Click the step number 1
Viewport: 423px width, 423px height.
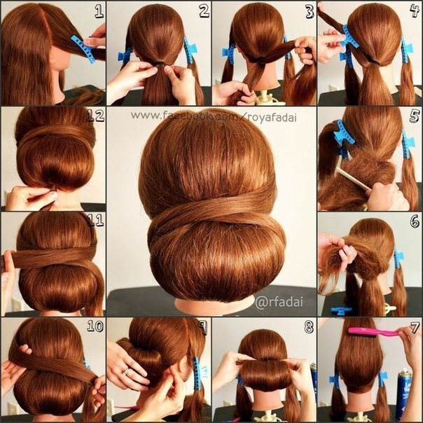coord(99,12)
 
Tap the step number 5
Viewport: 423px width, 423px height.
coord(415,116)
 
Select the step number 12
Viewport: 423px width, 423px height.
coord(95,116)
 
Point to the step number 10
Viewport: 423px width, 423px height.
coord(95,326)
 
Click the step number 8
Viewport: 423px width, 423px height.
coord(309,327)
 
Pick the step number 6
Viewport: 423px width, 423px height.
coord(415,222)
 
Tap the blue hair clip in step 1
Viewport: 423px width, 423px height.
coord(83,49)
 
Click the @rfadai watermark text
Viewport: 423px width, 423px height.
coord(279,302)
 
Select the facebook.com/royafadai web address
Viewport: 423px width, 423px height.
coord(214,117)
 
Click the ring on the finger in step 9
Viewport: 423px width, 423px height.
coord(126,371)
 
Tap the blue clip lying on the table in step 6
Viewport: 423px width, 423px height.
coord(341,311)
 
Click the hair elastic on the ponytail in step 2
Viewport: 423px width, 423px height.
coord(160,64)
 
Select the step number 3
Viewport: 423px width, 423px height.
coord(310,12)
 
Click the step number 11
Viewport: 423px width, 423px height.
coord(95,221)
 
